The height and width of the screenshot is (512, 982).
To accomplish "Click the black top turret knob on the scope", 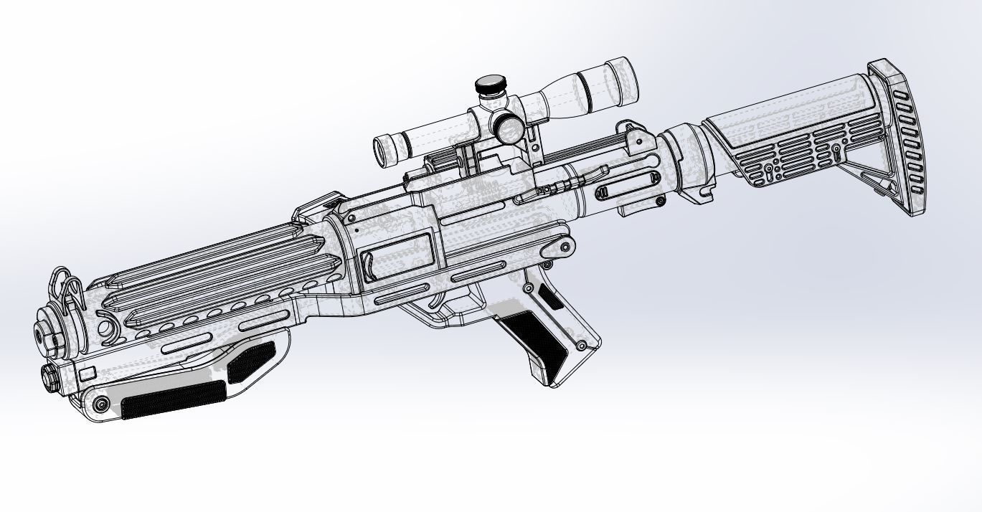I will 491,85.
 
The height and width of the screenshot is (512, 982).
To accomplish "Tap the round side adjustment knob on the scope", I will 509,128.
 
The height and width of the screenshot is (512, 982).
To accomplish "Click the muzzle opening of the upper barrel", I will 41,336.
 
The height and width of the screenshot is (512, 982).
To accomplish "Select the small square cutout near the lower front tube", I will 87,372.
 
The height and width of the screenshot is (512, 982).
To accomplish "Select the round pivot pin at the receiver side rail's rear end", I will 564,249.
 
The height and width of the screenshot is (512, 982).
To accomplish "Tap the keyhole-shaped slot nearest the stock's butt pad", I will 836,153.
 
